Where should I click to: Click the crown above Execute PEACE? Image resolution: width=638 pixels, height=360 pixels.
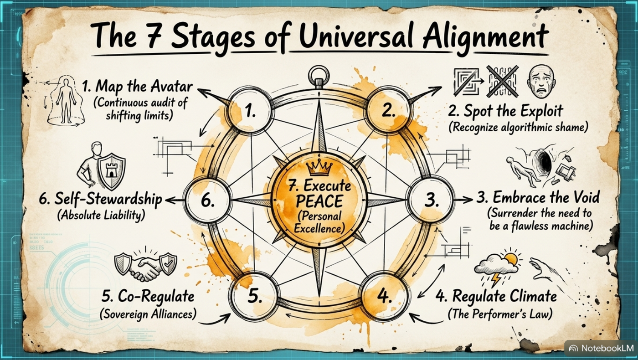click(x=319, y=169)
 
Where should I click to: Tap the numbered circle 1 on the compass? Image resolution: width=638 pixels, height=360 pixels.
click(x=250, y=111)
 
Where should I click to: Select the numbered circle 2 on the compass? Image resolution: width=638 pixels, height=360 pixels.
click(x=388, y=111)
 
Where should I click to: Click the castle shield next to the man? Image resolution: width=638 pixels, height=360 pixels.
click(x=111, y=171)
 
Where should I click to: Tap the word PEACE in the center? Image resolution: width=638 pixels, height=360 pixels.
click(x=319, y=201)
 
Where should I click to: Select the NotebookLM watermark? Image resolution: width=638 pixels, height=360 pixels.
click(x=601, y=348)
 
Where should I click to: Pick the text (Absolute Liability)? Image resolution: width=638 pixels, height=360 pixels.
click(x=101, y=215)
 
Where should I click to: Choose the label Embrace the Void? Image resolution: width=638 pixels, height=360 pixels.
click(x=538, y=198)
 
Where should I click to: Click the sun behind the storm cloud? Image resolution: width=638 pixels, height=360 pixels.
click(x=510, y=259)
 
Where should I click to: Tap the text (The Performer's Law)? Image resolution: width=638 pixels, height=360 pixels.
click(x=499, y=314)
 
